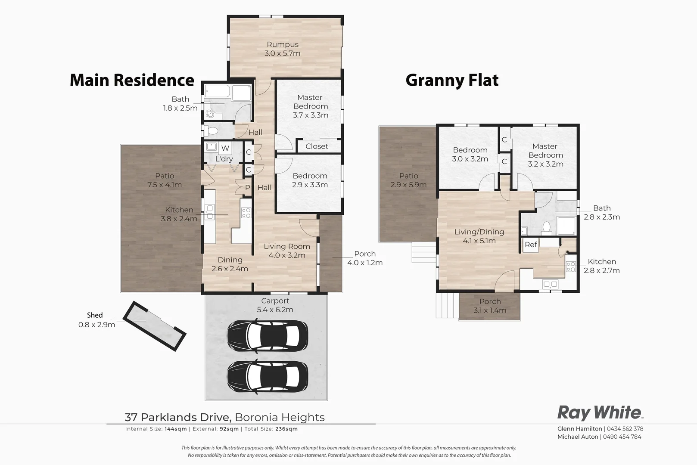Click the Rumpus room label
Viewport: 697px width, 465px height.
(x=283, y=44)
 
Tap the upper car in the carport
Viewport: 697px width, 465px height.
(x=268, y=335)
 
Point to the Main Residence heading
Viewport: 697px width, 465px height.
(x=132, y=80)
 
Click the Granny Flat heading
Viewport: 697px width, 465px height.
(x=452, y=80)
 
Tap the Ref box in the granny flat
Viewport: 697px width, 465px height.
(x=531, y=245)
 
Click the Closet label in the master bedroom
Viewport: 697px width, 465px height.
(x=317, y=146)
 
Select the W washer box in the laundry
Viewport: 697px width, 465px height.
(x=225, y=148)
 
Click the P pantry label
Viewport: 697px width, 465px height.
(x=247, y=187)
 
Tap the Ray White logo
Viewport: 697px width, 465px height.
(x=599, y=412)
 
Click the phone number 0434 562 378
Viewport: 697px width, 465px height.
(x=625, y=428)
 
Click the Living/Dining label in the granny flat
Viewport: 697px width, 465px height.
(x=479, y=232)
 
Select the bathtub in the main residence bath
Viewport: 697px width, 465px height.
(x=218, y=92)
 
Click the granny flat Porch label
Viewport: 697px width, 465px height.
(x=490, y=301)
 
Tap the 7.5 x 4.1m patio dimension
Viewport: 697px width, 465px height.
(x=165, y=185)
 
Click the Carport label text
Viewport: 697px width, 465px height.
(x=275, y=301)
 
